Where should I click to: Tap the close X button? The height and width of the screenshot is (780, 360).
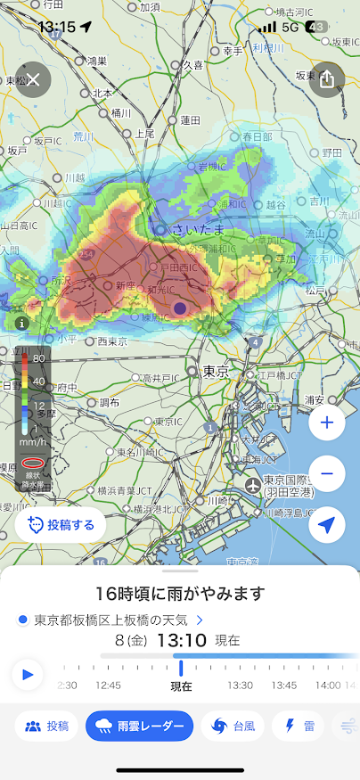[x=33, y=79]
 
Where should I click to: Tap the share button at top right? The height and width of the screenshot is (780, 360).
[x=326, y=79]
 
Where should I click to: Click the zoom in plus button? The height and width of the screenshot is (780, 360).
[x=326, y=423]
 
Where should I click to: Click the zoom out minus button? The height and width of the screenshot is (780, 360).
[x=326, y=473]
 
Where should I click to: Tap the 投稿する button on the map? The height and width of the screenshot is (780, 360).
[x=61, y=525]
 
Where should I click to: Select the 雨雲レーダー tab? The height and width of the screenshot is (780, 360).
[x=140, y=726]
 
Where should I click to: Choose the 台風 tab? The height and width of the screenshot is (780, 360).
[x=233, y=726]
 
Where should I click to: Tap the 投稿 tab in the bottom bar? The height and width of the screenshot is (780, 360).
[x=46, y=726]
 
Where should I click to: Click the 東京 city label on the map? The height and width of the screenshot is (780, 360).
[x=216, y=371]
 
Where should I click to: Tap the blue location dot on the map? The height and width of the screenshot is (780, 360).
[x=180, y=308]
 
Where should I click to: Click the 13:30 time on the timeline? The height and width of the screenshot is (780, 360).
[x=240, y=686]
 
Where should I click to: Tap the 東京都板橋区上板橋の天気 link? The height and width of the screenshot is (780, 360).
[x=114, y=620]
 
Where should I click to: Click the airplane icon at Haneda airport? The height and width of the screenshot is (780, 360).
[x=253, y=485]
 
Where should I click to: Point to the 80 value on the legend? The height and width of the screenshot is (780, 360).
[x=39, y=358]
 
